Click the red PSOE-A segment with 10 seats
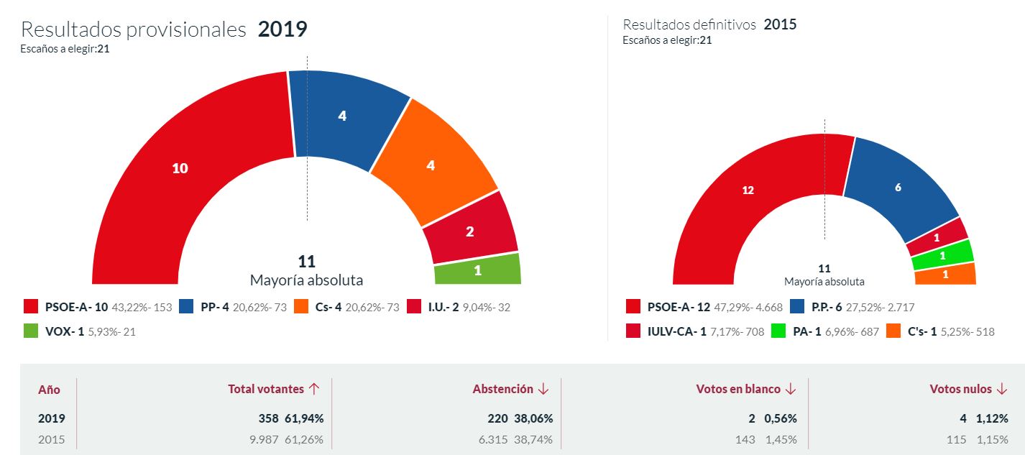[180, 168]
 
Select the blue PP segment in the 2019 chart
[342, 116]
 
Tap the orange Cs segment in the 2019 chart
[431, 165]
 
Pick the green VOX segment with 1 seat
[477, 270]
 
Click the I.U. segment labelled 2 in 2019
[470, 231]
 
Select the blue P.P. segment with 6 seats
[898, 188]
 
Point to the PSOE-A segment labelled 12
[748, 190]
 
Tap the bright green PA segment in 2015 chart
[942, 255]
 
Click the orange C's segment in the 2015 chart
[944, 275]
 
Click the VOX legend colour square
[30, 331]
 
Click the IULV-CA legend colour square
[633, 331]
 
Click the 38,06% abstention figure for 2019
[533, 418]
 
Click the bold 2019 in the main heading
[282, 29]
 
